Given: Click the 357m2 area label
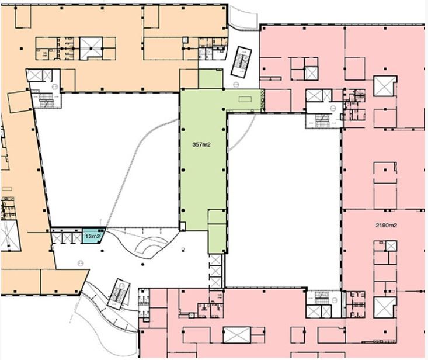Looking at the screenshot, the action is pyautogui.click(x=201, y=145).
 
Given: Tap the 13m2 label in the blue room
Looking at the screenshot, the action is pyautogui.click(x=92, y=236).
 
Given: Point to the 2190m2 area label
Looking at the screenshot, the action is pyautogui.click(x=386, y=226).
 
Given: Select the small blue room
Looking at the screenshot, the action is pyautogui.click(x=93, y=236).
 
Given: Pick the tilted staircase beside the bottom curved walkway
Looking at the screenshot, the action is pyautogui.click(x=119, y=294).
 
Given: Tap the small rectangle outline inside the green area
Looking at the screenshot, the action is pyautogui.click(x=245, y=99).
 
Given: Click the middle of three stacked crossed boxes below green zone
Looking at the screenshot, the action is pyautogui.click(x=215, y=271).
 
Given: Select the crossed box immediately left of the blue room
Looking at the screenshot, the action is pyautogui.click(x=76, y=238).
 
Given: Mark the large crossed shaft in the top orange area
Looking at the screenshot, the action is pyautogui.click(x=91, y=47).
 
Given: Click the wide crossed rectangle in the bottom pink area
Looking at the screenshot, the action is pyautogui.click(x=236, y=335).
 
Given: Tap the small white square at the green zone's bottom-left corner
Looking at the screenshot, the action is pyautogui.click(x=183, y=226).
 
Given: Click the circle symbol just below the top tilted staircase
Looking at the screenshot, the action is pyautogui.click(x=235, y=85).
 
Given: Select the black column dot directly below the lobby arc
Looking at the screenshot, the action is pyautogui.click(x=142, y=264).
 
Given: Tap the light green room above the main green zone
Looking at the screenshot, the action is pyautogui.click(x=210, y=79).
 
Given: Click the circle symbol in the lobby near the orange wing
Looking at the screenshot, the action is pyautogui.click(x=80, y=264).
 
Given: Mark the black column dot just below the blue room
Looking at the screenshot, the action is pyautogui.click(x=102, y=251).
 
